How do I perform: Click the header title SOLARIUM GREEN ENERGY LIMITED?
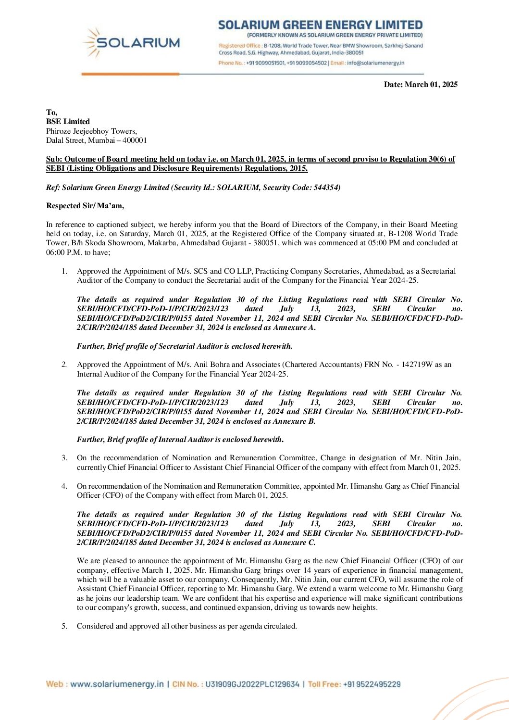[320, 25]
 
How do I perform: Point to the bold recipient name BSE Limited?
[68, 122]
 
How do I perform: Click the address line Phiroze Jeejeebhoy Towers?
[91, 131]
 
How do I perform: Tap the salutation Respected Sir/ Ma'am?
[85, 206]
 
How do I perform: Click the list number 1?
[64, 271]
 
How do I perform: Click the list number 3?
[64, 458]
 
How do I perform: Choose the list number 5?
[64, 626]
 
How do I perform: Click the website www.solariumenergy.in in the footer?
[117, 684]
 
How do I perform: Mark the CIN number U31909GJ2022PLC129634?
[252, 684]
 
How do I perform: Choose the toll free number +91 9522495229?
[372, 684]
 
